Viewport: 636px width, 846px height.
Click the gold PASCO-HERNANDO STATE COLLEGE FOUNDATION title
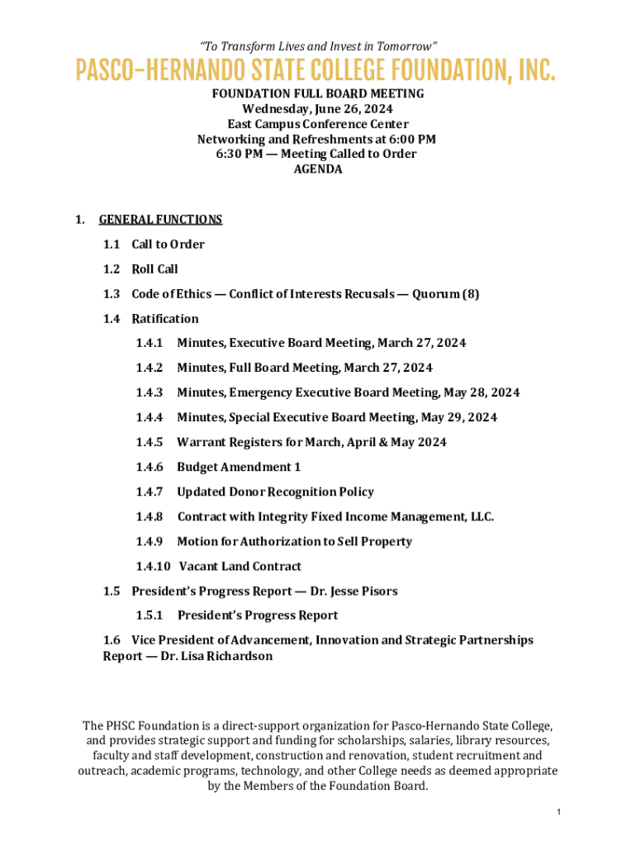point(316,71)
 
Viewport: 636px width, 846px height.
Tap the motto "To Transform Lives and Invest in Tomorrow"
point(318,45)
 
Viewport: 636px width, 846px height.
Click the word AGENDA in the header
point(318,169)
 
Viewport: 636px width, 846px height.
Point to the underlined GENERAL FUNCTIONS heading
point(160,220)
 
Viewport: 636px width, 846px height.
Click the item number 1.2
point(112,269)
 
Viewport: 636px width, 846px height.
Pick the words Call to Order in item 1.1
point(168,245)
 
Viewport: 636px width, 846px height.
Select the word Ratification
point(165,319)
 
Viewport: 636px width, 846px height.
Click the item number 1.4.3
point(150,393)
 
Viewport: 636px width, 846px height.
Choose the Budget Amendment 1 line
point(239,468)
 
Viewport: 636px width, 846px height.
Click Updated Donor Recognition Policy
point(275,492)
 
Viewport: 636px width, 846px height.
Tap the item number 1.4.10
point(153,567)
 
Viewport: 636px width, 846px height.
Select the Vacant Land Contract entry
point(240,567)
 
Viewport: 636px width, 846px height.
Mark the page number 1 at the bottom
point(559,813)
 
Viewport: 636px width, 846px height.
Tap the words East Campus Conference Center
point(318,125)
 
